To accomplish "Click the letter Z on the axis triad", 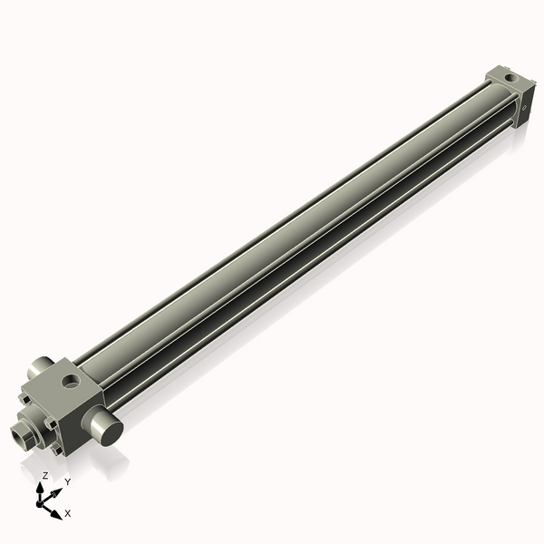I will (45, 475).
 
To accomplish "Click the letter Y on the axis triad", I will (67, 481).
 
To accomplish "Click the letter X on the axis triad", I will (68, 513).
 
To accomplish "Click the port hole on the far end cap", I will (511, 80).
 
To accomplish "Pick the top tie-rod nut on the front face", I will (24, 397).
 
